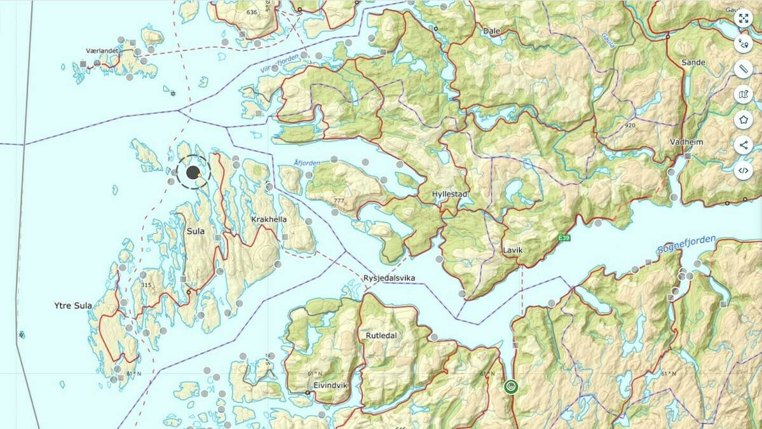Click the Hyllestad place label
(x=450, y=194)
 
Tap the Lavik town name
(x=512, y=250)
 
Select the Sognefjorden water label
(x=686, y=246)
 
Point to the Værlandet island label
(x=103, y=50)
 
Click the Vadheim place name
(x=686, y=142)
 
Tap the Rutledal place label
(x=381, y=335)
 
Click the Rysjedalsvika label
(x=394, y=278)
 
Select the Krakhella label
(x=269, y=219)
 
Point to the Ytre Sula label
(x=73, y=306)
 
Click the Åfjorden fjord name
(x=307, y=163)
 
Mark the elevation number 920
(x=630, y=125)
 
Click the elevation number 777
(x=338, y=201)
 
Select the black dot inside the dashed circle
(x=193, y=172)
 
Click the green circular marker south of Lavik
(x=510, y=386)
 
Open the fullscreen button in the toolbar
(x=743, y=18)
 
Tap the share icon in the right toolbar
(x=743, y=145)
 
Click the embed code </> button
(x=743, y=170)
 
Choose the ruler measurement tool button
(x=743, y=69)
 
